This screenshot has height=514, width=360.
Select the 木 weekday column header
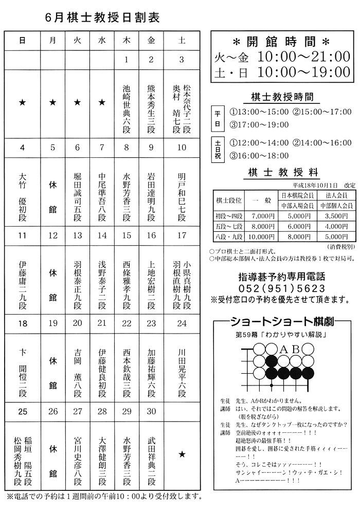tap(126, 40)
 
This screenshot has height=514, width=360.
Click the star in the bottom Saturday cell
tap(181, 454)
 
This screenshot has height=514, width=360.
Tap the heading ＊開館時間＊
tap(281, 41)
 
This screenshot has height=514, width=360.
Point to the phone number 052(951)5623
tap(282, 288)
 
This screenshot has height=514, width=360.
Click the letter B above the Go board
tap(296, 350)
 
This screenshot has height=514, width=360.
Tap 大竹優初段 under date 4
tap(22, 194)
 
